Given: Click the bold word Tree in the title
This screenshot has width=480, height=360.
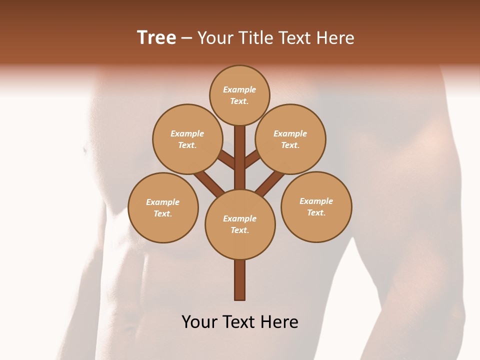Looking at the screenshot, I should (156, 38).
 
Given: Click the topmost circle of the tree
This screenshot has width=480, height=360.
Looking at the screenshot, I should (239, 95).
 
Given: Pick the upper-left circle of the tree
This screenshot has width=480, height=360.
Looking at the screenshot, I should (187, 139).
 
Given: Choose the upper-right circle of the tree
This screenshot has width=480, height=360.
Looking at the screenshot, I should (290, 139).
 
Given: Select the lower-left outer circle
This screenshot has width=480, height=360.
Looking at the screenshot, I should (163, 207).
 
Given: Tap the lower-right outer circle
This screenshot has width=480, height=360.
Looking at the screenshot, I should (316, 206).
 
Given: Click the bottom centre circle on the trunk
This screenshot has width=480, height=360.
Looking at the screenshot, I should (240, 224).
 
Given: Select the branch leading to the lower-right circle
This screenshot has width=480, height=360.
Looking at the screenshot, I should (270, 182).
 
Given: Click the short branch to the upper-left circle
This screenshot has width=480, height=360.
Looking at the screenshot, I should (226, 160).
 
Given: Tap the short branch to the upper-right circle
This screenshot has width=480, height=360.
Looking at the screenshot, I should (253, 159).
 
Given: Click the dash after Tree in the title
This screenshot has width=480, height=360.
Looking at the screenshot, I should (186, 38).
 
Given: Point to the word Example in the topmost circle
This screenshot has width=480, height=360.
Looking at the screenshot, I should (239, 89).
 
